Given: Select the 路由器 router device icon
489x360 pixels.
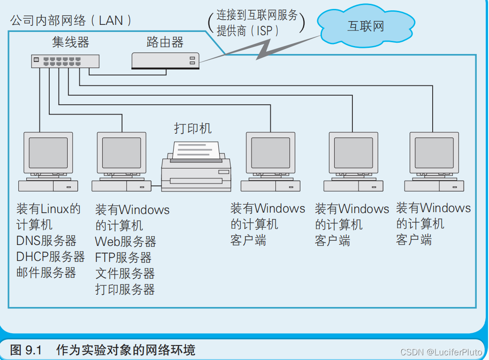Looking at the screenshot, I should point(165,61).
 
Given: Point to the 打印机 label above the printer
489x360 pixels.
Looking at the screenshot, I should point(192,128).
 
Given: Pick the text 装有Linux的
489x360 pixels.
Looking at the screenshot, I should point(48,208).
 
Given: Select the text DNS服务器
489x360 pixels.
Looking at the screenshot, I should point(46,241).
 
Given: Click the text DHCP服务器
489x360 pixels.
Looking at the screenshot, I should point(50,257).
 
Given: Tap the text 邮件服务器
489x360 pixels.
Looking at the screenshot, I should point(46,273).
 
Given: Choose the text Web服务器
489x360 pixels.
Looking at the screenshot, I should point(125,242).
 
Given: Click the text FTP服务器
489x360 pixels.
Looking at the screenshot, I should point(123,258).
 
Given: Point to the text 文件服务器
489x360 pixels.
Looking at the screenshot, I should point(125,274).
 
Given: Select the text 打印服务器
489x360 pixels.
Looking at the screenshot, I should point(125,290).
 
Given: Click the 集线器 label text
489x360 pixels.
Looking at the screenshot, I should point(70,42).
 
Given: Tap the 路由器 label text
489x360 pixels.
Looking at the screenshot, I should point(165,42).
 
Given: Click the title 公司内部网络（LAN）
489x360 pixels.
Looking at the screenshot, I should point(70,21).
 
